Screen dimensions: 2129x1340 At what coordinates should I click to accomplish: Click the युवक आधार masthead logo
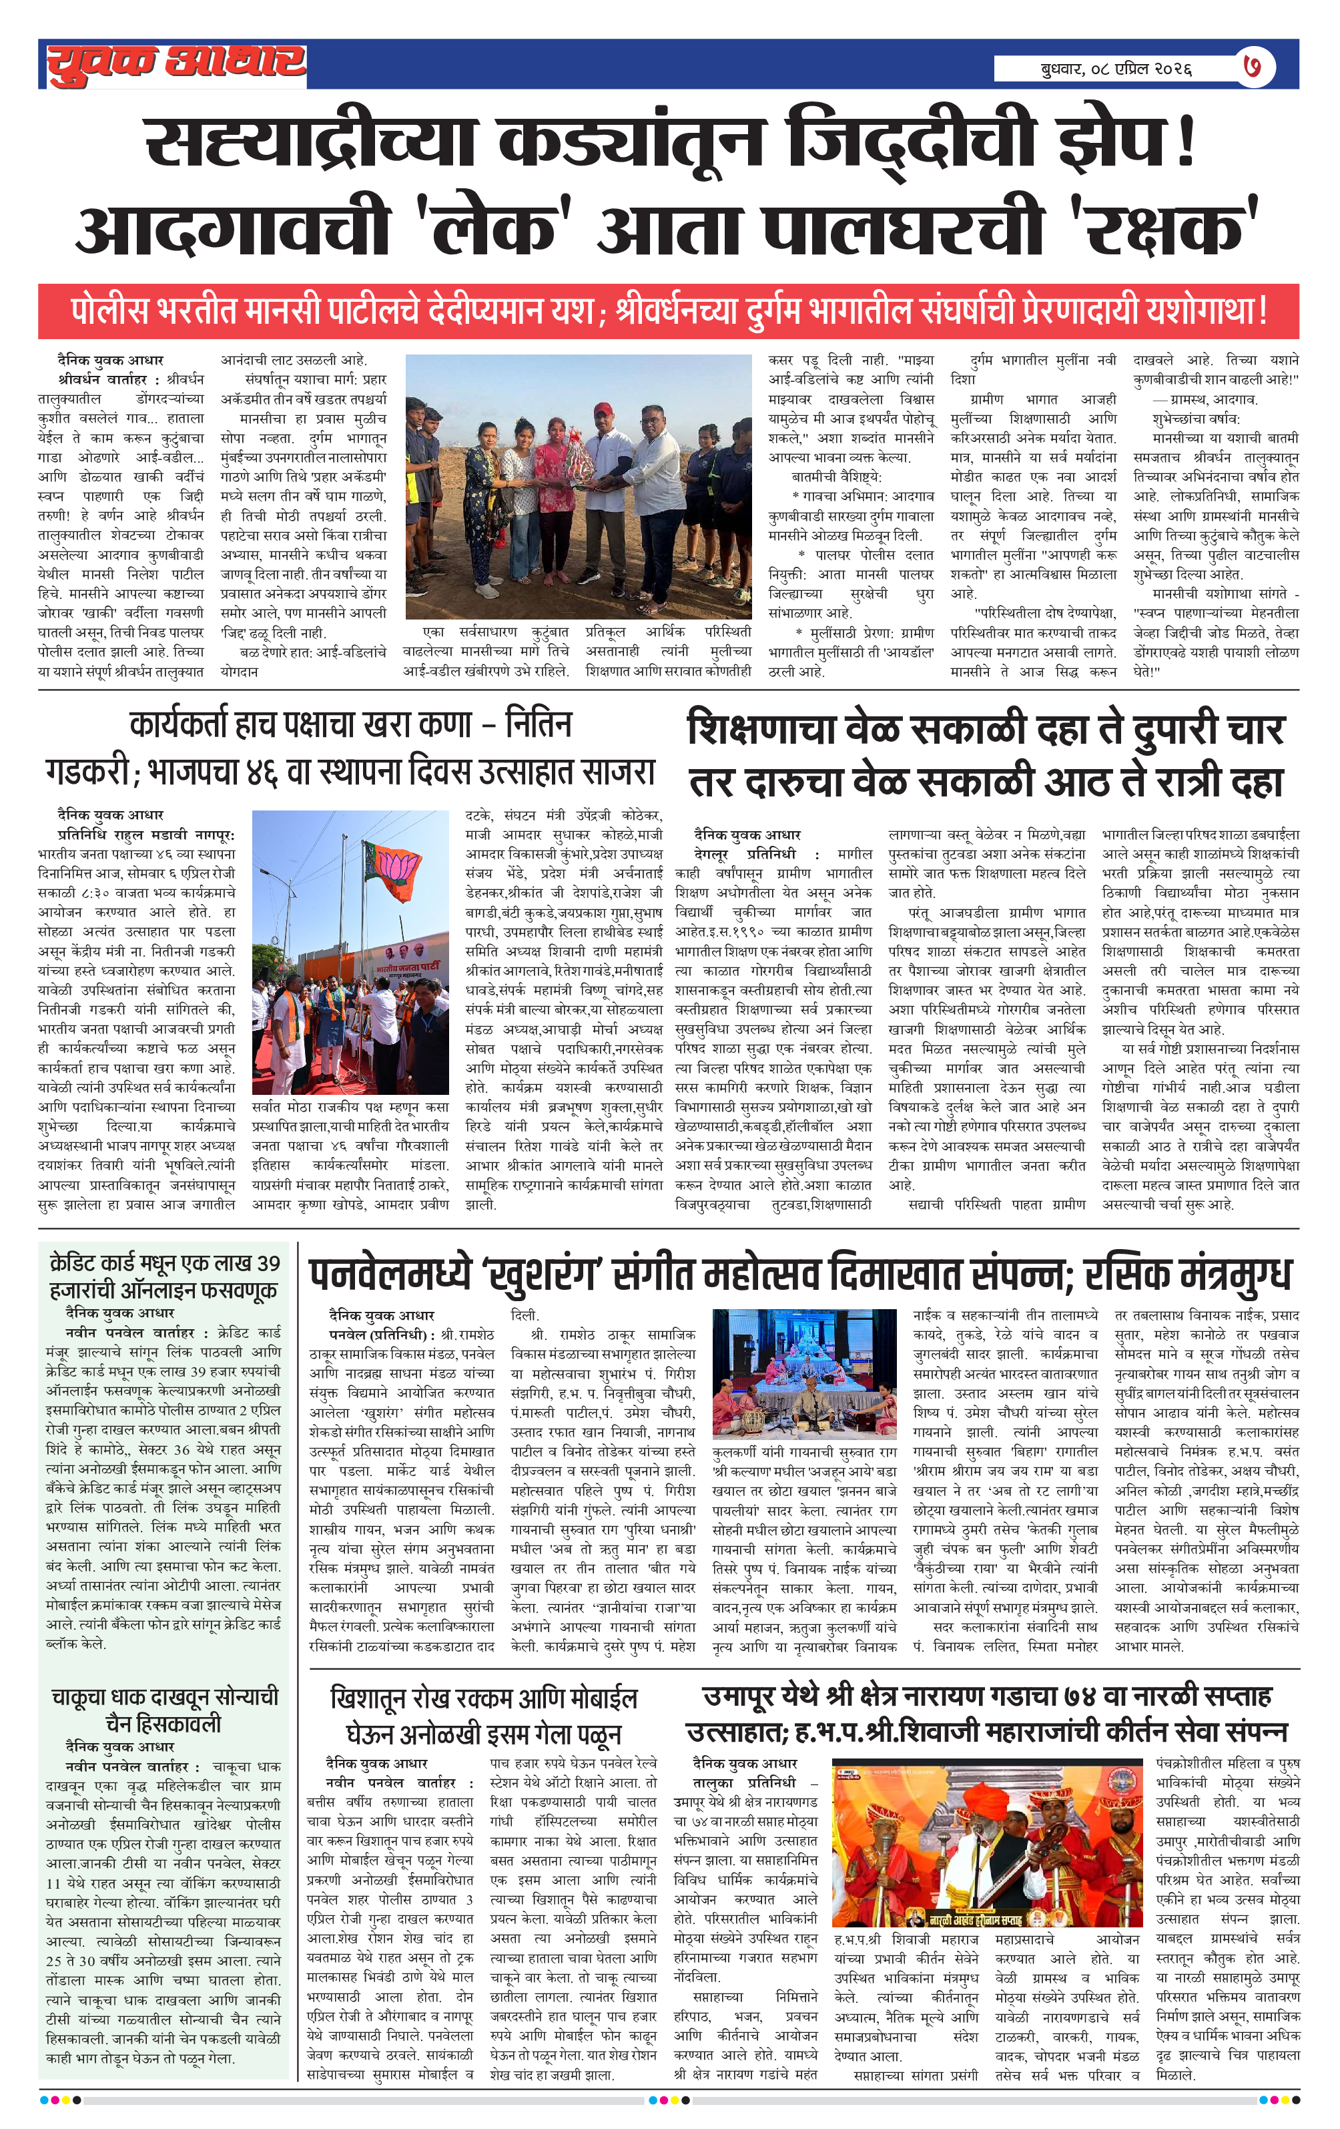point(176,63)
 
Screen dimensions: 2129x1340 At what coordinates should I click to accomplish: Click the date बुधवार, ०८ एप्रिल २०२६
point(1116,68)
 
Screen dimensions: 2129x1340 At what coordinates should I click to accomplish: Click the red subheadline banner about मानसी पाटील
point(668,311)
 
